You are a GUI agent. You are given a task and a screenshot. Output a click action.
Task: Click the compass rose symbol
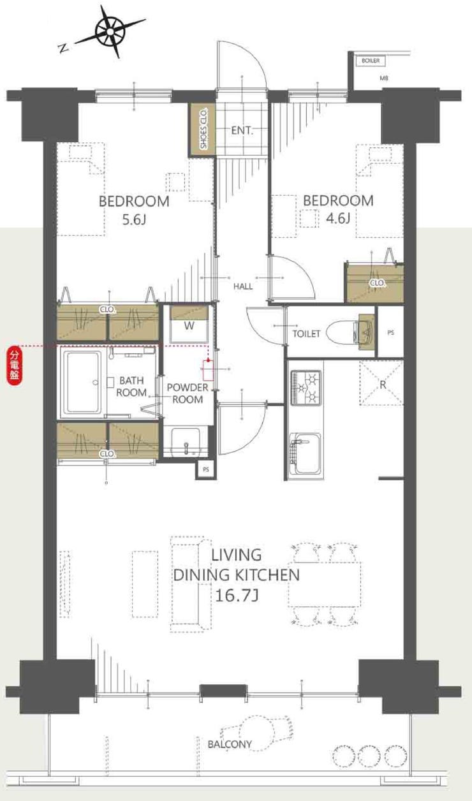[x=110, y=32]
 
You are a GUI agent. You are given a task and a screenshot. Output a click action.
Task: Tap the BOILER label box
[x=371, y=61]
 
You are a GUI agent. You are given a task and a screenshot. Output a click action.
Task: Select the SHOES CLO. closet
[x=202, y=129]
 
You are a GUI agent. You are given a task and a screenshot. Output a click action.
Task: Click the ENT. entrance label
[x=242, y=130]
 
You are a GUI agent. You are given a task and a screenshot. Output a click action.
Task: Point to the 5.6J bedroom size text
[x=134, y=219]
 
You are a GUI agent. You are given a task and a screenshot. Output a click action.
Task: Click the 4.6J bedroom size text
[x=338, y=217]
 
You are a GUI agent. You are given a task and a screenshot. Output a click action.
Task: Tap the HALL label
[x=243, y=286]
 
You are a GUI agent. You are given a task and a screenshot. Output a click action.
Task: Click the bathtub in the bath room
[x=83, y=382]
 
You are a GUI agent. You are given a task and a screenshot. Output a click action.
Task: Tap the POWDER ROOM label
[x=188, y=393]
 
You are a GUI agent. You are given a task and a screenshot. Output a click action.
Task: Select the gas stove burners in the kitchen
[x=306, y=388]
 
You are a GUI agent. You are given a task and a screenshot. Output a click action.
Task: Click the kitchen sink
[x=305, y=454]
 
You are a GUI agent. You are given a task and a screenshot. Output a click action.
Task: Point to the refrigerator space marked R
[x=382, y=383]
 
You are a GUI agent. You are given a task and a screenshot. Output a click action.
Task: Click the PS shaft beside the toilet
[x=390, y=332]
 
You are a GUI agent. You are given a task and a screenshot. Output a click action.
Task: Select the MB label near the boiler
[x=384, y=78]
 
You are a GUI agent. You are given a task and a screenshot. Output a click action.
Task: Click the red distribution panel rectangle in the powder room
[x=208, y=370]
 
